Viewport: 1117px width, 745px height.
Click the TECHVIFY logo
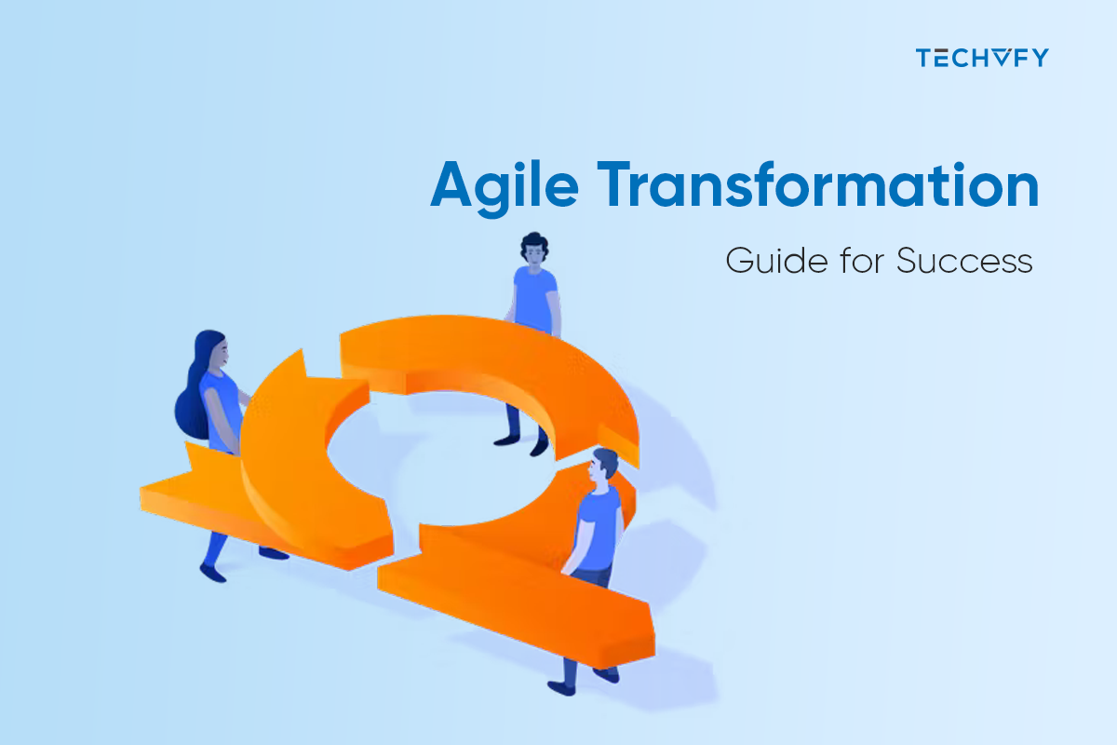(x=981, y=58)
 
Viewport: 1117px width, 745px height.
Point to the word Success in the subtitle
(x=964, y=260)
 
